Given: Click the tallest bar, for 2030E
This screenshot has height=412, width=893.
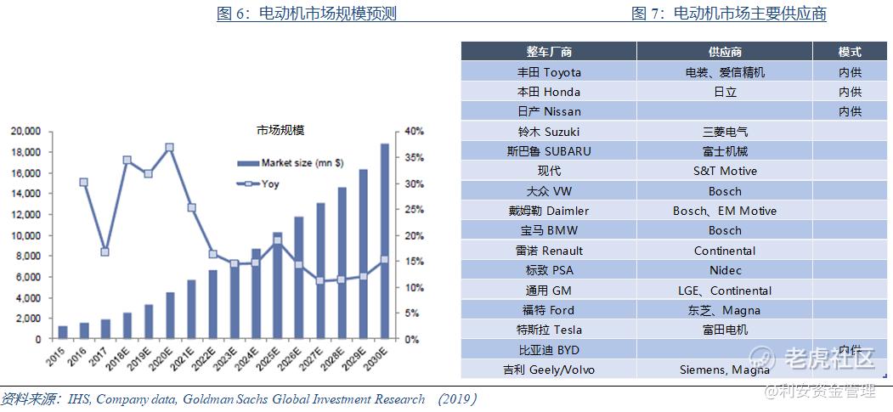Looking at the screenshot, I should point(385,241).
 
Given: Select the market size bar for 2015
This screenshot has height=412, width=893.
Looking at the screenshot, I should point(63,332).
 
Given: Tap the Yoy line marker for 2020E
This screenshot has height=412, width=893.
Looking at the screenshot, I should point(170,148).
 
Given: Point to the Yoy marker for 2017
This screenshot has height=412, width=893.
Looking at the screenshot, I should point(105,251).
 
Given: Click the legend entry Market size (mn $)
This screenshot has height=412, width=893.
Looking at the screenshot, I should point(291,162).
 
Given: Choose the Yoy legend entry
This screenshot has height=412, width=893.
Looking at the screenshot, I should point(270,183).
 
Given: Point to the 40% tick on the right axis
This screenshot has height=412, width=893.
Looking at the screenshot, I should point(414,132).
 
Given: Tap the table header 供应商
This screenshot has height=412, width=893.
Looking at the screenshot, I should point(724,52).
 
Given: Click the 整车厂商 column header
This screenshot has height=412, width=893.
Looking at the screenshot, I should point(549,52).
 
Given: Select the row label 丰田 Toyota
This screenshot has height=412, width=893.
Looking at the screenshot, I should point(549,72).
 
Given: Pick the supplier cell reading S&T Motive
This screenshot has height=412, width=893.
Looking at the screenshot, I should point(724,171).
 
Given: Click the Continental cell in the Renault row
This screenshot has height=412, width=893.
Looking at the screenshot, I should point(724,251).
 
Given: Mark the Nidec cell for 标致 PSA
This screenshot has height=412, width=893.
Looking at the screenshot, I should point(724,270).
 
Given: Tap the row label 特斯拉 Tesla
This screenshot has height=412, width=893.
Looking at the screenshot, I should point(549,330).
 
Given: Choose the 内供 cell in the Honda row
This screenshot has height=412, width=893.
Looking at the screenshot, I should point(850,92).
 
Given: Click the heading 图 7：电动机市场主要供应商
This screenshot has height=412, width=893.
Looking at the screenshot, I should point(729,14).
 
